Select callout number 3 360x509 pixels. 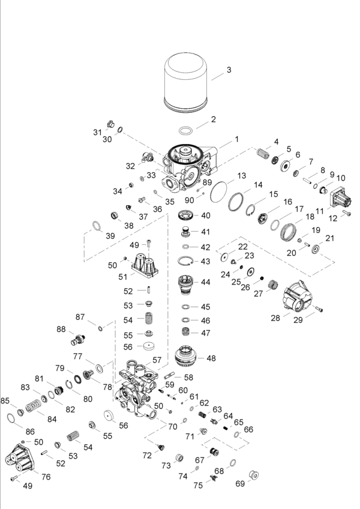pyautogui.click(x=229, y=70)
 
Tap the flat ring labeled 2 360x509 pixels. pyautogui.click(x=186, y=130)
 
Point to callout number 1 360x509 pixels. pyautogui.click(x=237, y=139)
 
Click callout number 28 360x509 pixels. pyautogui.click(x=275, y=317)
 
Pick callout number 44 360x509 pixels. pyautogui.click(x=205, y=282)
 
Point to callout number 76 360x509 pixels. pyautogui.click(x=46, y=476)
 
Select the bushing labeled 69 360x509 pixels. pyautogui.click(x=254, y=477)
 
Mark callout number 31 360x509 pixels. pyautogui.click(x=97, y=131)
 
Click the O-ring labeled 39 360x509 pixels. pyautogui.click(x=96, y=226)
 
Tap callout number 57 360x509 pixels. pyautogui.click(x=157, y=360)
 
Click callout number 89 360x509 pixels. pyautogui.click(x=206, y=182)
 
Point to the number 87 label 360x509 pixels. pyautogui.click(x=80, y=316)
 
